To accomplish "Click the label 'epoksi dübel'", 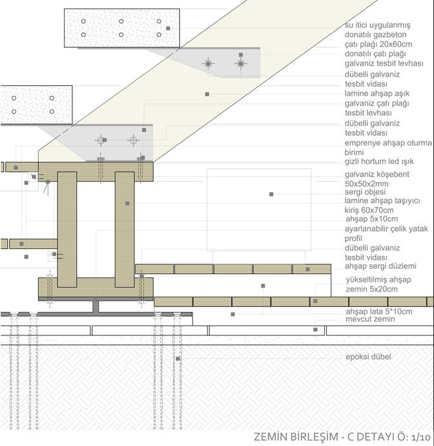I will click(368, 357).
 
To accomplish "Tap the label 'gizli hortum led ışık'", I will click(378, 161).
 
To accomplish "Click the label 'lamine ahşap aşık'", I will click(376, 93).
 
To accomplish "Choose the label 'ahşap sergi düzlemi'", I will click(380, 266).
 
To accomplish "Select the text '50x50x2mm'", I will click(367, 184).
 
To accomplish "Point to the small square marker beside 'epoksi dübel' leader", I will click(178, 357).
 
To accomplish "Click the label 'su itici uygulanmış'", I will click(378, 25).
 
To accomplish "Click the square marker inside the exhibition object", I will click(272, 194).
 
